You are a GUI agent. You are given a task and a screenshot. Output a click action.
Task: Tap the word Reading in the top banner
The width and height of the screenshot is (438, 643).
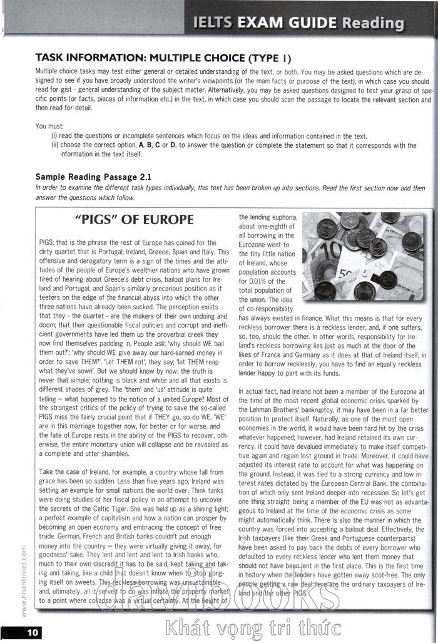click(373, 23)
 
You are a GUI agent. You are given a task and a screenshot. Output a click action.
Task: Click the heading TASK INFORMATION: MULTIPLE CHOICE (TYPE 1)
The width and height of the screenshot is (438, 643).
click(163, 58)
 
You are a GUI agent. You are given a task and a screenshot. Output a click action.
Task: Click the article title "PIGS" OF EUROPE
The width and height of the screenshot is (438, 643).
click(134, 220)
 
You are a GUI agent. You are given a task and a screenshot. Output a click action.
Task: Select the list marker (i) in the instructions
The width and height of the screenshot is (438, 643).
click(54, 136)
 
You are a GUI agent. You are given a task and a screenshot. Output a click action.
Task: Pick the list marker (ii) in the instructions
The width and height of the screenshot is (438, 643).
click(55, 145)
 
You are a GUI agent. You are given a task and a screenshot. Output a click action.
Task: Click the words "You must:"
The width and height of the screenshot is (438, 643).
click(50, 126)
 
